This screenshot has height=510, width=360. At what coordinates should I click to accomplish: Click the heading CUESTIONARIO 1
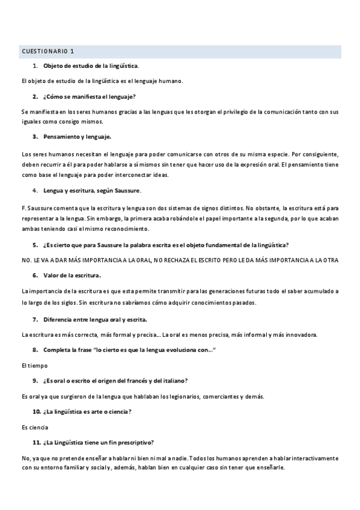point(47,52)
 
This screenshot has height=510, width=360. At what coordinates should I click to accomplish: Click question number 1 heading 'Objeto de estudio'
point(91,65)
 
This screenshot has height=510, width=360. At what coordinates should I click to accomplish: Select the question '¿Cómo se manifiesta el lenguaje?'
point(90,96)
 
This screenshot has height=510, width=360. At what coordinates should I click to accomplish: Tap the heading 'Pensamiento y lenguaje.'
point(77,137)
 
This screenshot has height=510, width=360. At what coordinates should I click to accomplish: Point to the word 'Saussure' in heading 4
point(127,191)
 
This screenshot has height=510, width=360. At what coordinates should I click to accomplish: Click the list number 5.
point(35,245)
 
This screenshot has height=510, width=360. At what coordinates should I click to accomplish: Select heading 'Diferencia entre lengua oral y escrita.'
point(95,319)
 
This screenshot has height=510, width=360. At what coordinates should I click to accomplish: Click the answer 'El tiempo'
point(34,365)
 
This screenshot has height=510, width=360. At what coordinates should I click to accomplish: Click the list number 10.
point(36,411)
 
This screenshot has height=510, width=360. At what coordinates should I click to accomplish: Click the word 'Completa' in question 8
point(56,350)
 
